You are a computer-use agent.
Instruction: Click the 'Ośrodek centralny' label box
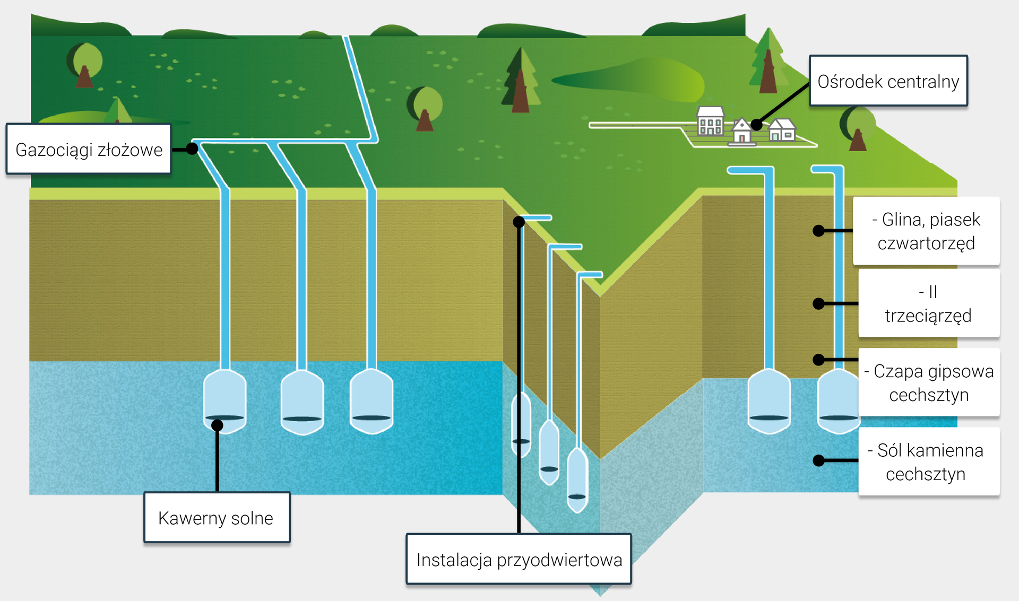point(888,81)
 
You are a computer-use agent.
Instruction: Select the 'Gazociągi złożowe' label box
point(89,149)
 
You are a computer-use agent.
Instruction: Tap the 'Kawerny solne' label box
point(217,517)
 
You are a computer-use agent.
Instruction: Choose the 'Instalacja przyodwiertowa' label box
point(519,559)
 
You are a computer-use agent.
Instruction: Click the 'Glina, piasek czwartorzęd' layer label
point(926,231)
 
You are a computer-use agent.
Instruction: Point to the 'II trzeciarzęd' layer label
point(929,303)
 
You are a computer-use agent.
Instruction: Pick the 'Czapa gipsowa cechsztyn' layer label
point(929,382)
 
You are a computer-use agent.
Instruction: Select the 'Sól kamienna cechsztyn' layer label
point(929,461)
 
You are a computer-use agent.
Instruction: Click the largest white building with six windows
point(710,121)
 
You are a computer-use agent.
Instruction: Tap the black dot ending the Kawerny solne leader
point(217,425)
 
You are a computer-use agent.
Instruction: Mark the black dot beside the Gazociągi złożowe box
point(192,149)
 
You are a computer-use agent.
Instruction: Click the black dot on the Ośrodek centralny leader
point(757,125)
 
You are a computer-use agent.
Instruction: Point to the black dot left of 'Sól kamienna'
point(819,460)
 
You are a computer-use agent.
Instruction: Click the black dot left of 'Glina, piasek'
point(819,231)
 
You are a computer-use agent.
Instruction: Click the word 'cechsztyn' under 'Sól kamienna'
point(925,474)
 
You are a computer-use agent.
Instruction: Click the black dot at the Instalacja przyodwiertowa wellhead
point(519,222)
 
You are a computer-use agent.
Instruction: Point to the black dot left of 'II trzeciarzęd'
point(819,303)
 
